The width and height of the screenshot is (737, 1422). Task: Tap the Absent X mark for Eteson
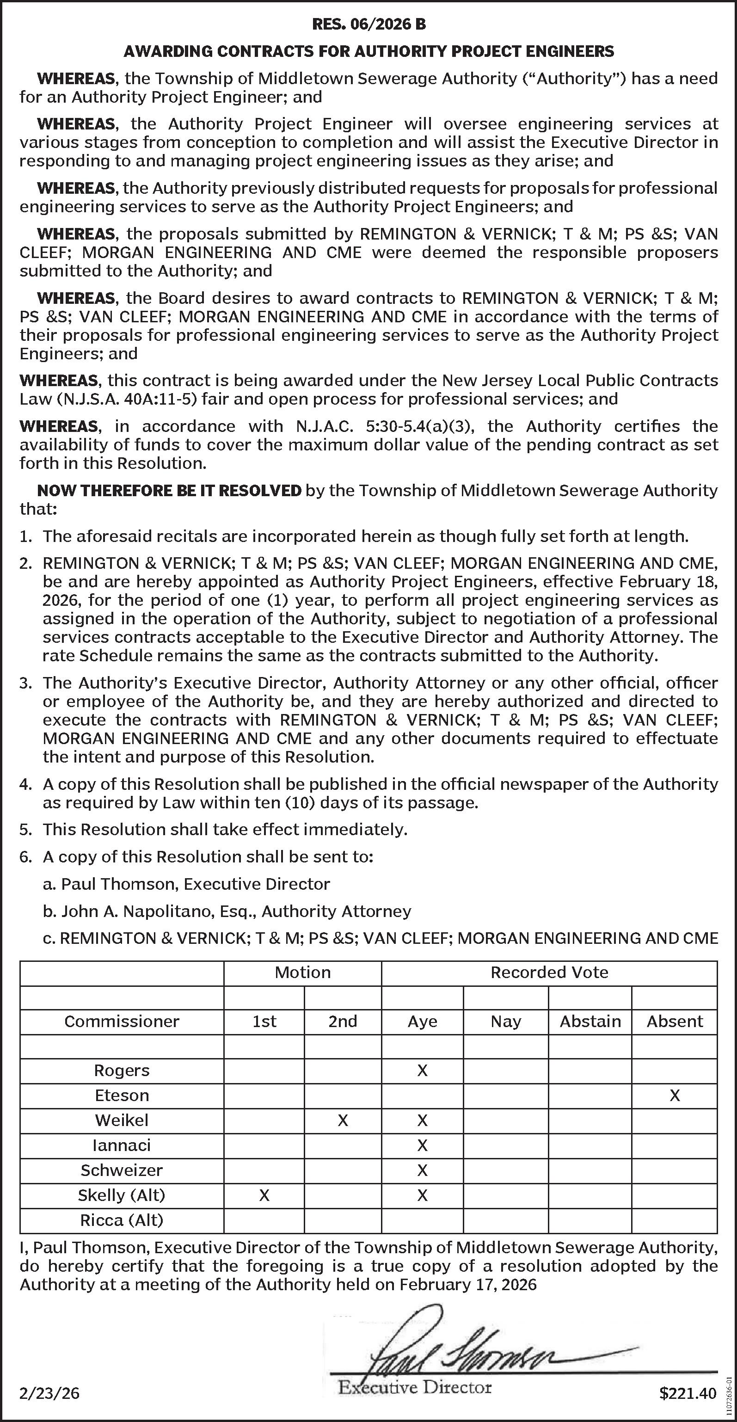[674, 1095]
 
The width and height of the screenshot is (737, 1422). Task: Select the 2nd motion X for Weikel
[343, 1120]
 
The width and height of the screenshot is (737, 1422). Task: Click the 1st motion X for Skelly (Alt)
[264, 1195]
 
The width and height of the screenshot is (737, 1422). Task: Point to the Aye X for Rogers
[422, 1071]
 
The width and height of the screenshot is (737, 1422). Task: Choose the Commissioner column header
[122, 1021]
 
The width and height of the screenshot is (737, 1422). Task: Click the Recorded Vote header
[549, 972]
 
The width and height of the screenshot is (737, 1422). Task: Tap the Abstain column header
[590, 1021]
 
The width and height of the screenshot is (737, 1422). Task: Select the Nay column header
[506, 1021]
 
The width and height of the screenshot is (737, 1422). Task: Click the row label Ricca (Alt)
[122, 1220]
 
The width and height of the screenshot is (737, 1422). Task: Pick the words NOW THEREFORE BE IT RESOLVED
[169, 490]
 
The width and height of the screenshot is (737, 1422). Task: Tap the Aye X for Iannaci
[422, 1145]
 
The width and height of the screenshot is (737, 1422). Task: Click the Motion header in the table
[302, 972]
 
